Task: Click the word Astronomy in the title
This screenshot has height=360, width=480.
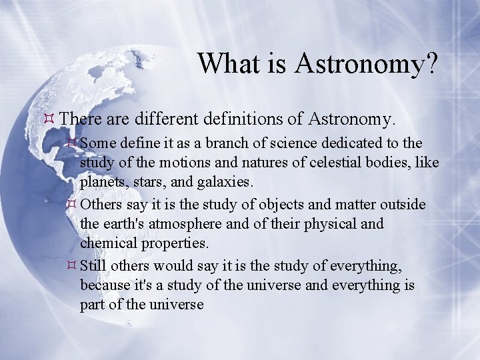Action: click(x=358, y=65)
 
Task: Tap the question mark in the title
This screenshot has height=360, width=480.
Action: click(x=429, y=63)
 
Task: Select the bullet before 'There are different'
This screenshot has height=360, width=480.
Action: click(x=49, y=118)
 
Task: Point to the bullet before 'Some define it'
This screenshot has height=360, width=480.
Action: click(x=71, y=143)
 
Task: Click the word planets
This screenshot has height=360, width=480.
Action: click(x=102, y=183)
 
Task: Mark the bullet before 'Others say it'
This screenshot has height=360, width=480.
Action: click(x=71, y=203)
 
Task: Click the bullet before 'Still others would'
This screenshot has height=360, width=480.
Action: click(x=71, y=265)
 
